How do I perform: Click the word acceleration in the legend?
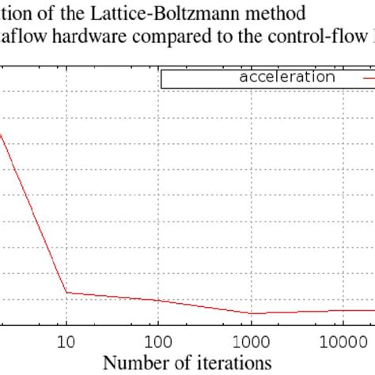286,78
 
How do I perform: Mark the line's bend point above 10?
66,293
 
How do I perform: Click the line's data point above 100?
158,301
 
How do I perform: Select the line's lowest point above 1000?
251,313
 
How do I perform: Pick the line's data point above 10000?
342,310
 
